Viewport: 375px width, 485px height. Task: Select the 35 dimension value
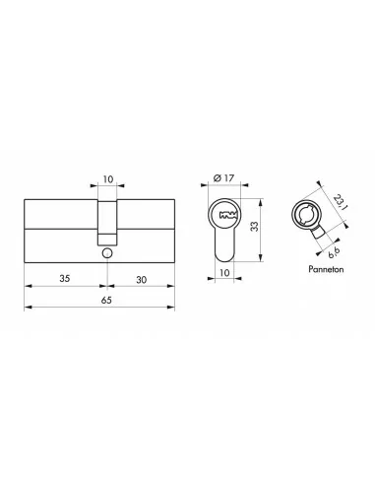[64, 278]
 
